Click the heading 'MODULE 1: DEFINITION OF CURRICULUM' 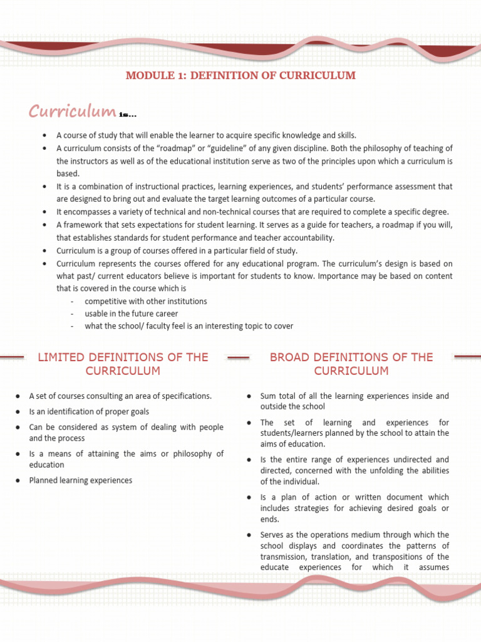[x=240, y=76]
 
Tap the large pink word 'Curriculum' [x=72, y=112]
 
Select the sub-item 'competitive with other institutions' [x=146, y=301]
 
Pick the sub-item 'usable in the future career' [x=132, y=313]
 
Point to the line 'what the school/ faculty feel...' [x=189, y=326]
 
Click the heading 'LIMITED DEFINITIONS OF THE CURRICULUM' [x=123, y=364]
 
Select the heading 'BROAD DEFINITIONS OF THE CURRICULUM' [x=351, y=364]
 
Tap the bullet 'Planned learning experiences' [x=81, y=480]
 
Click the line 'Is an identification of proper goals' [x=89, y=411]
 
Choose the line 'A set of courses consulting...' [x=120, y=396]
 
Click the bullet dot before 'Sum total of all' [x=249, y=396]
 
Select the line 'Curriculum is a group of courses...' [x=177, y=251]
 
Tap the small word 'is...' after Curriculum [x=128, y=115]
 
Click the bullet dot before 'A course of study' [x=45, y=135]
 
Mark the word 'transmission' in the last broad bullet [x=282, y=557]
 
